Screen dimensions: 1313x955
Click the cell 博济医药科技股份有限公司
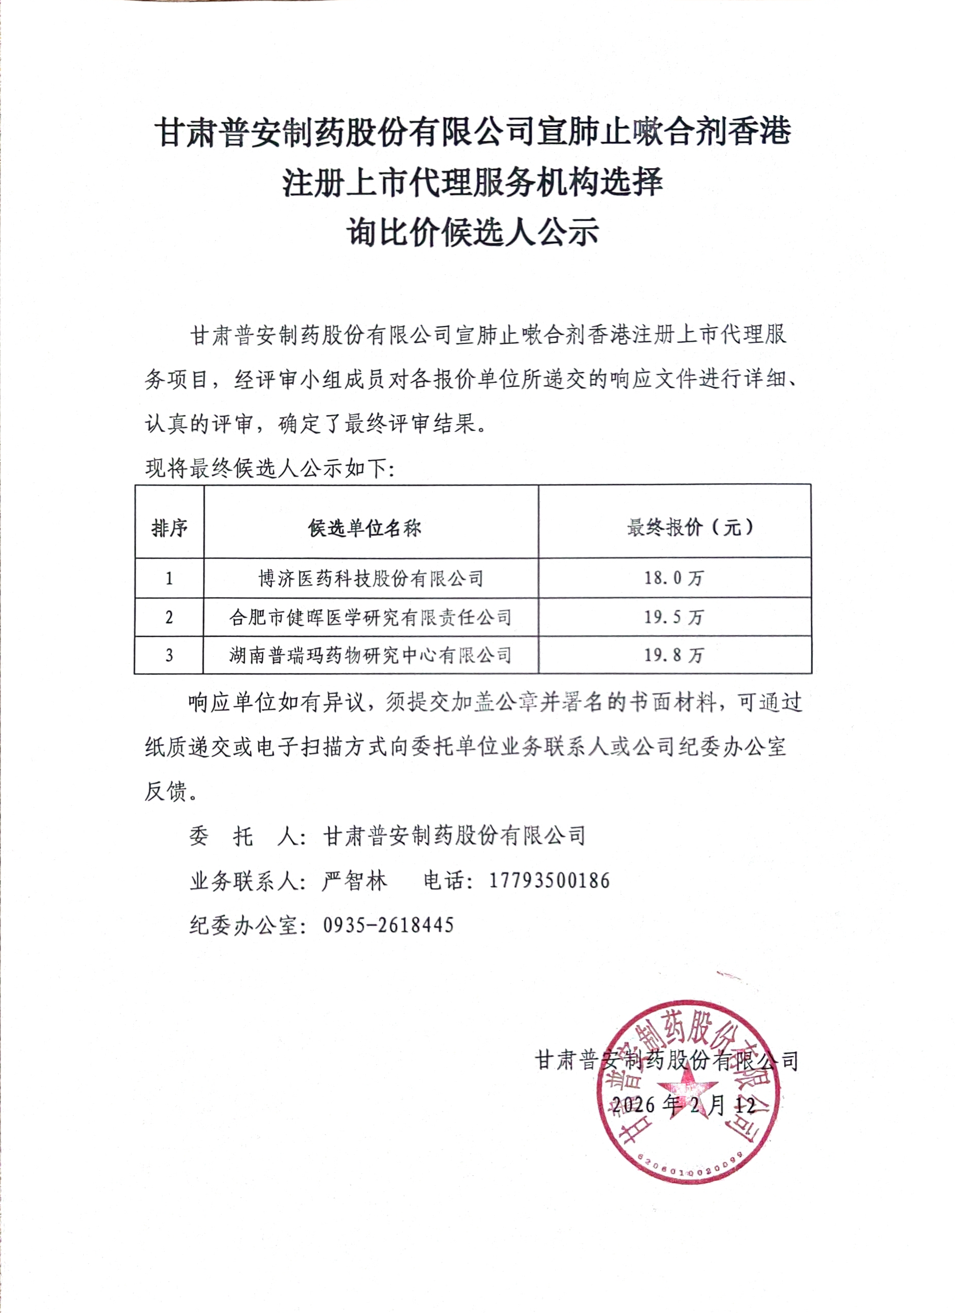tap(371, 578)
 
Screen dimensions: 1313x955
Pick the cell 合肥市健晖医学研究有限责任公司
tap(371, 617)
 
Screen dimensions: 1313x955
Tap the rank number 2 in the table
tap(169, 617)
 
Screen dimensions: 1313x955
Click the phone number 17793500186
tap(549, 881)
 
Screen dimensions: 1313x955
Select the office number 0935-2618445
tap(388, 925)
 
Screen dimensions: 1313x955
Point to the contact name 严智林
tap(355, 881)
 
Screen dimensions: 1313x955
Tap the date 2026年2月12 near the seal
tap(683, 1105)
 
